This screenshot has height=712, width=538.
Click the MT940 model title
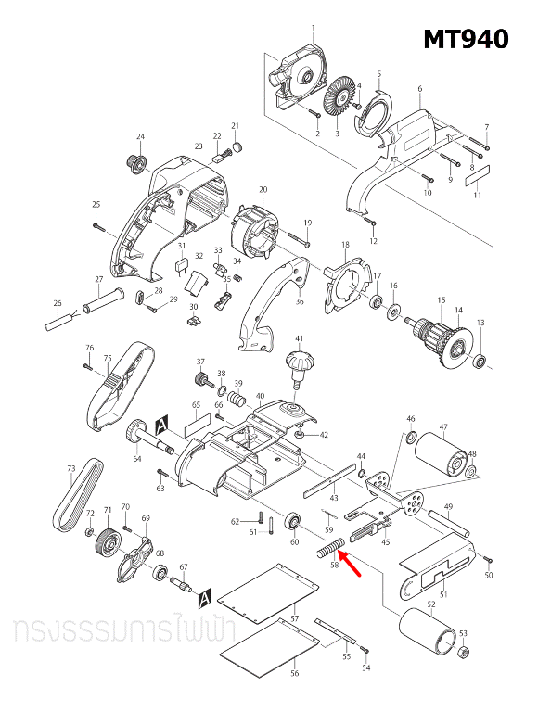(466, 39)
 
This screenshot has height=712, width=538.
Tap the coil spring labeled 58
(330, 547)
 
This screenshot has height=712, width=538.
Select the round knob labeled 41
(300, 362)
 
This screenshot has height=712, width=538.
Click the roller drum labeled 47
(442, 455)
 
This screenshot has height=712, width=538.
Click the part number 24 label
(141, 137)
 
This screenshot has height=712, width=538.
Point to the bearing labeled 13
(480, 360)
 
